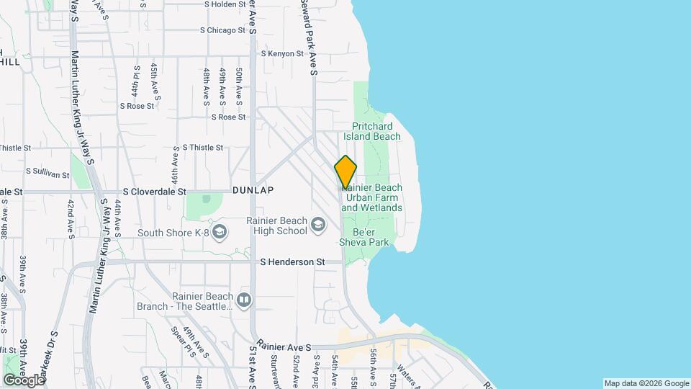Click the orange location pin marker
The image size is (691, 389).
click(345, 171)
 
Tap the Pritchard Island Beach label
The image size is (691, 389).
click(371, 130)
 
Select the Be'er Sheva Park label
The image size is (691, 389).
click(371, 238)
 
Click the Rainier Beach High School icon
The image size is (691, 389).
click(317, 225)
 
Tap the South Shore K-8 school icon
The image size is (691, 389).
click(220, 232)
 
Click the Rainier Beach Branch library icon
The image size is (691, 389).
click(244, 300)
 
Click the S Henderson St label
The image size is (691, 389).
click(292, 262)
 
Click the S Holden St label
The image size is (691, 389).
click(225, 4)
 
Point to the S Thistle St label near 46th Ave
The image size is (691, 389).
click(203, 147)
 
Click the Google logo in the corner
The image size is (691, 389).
click(24, 380)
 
